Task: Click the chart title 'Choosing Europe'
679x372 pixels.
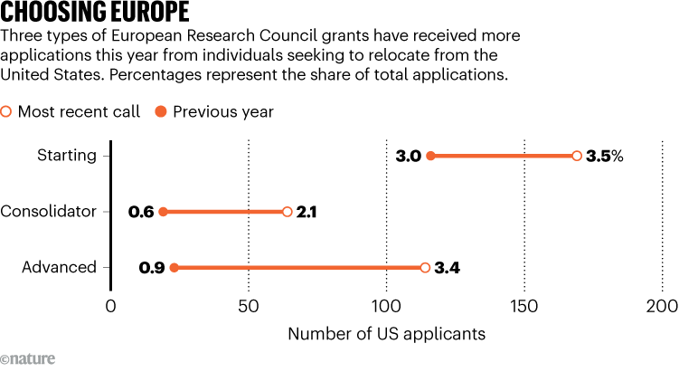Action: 95,14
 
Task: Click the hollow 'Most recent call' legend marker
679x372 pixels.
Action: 7,112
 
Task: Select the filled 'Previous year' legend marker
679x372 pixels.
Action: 161,112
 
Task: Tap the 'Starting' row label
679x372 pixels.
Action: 66,156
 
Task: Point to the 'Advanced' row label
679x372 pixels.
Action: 59,268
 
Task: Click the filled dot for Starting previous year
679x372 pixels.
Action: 430,156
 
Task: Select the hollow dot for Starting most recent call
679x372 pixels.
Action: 577,156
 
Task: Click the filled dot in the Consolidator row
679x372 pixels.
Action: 163,212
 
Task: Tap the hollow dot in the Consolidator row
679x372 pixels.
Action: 287,212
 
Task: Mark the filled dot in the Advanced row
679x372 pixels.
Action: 174,268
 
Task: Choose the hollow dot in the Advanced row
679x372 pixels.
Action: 425,268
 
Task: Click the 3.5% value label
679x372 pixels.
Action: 604,156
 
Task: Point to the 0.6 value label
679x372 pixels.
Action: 140,212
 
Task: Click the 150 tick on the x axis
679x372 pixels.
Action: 524,306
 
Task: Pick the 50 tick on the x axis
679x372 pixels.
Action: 249,306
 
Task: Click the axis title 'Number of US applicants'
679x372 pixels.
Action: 386,334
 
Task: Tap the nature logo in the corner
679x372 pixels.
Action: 28,359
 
